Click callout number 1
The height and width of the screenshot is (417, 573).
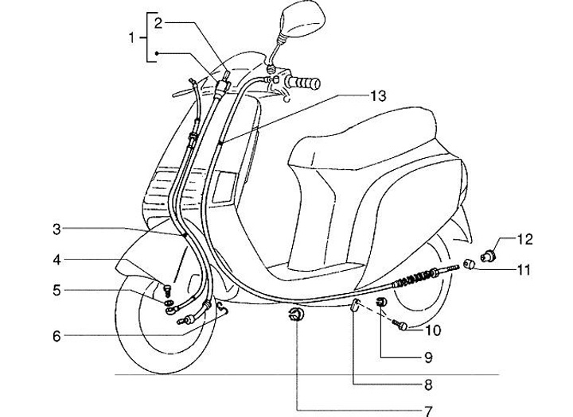pyautogui.click(x=133, y=37)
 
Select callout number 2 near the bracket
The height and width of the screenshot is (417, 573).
pyautogui.click(x=158, y=23)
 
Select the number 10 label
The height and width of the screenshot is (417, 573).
pyautogui.click(x=433, y=329)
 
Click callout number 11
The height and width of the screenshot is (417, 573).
pyautogui.click(x=522, y=270)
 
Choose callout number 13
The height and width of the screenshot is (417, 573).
pyautogui.click(x=377, y=96)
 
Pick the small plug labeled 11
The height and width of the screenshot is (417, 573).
pyautogui.click(x=470, y=264)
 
